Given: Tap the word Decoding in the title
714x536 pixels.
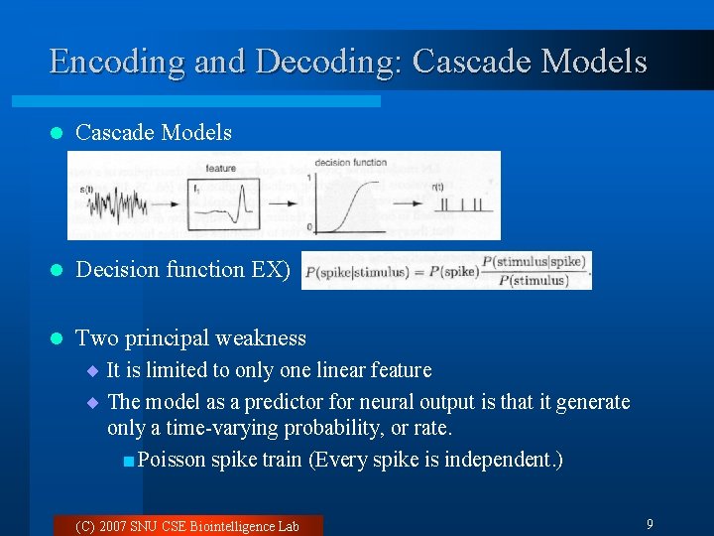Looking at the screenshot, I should click(x=325, y=62).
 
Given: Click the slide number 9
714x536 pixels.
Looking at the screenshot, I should click(x=649, y=524).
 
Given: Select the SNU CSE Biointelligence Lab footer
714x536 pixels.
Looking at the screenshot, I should click(x=186, y=526).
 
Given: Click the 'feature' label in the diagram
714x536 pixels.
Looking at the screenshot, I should click(x=220, y=169).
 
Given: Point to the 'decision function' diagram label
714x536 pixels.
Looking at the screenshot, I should click(x=350, y=163).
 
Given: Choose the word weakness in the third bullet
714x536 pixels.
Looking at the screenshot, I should click(x=262, y=338).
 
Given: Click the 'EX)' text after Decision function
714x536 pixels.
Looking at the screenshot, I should click(x=270, y=269).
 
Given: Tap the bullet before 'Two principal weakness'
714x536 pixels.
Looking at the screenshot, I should click(x=56, y=338).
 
